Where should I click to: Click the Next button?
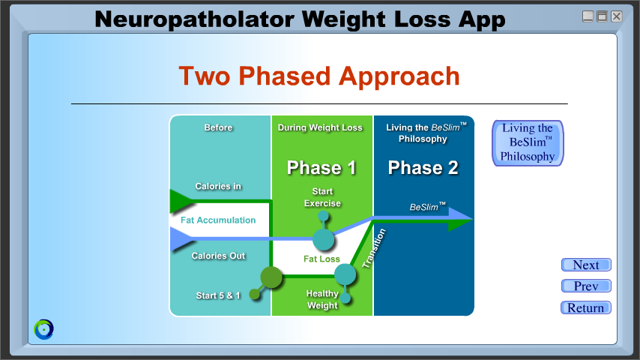tap(586, 265)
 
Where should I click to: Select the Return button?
tap(586, 307)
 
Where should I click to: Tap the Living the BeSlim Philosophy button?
tap(528, 143)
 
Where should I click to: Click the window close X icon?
tap(616, 16)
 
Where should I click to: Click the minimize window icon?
tap(588, 16)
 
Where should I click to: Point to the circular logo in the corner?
tap(43, 329)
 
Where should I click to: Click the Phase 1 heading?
tap(321, 167)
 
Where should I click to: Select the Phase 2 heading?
tap(423, 167)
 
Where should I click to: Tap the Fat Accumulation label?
tap(218, 220)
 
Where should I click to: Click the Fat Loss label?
tap(321, 259)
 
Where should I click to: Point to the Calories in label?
tap(218, 186)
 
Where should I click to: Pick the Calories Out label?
tap(218, 256)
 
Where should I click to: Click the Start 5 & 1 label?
tap(218, 295)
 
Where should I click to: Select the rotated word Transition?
tap(374, 248)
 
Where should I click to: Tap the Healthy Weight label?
tap(322, 299)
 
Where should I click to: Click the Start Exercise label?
tap(322, 197)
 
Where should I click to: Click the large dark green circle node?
tap(271, 277)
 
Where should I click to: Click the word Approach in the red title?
tap(399, 76)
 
